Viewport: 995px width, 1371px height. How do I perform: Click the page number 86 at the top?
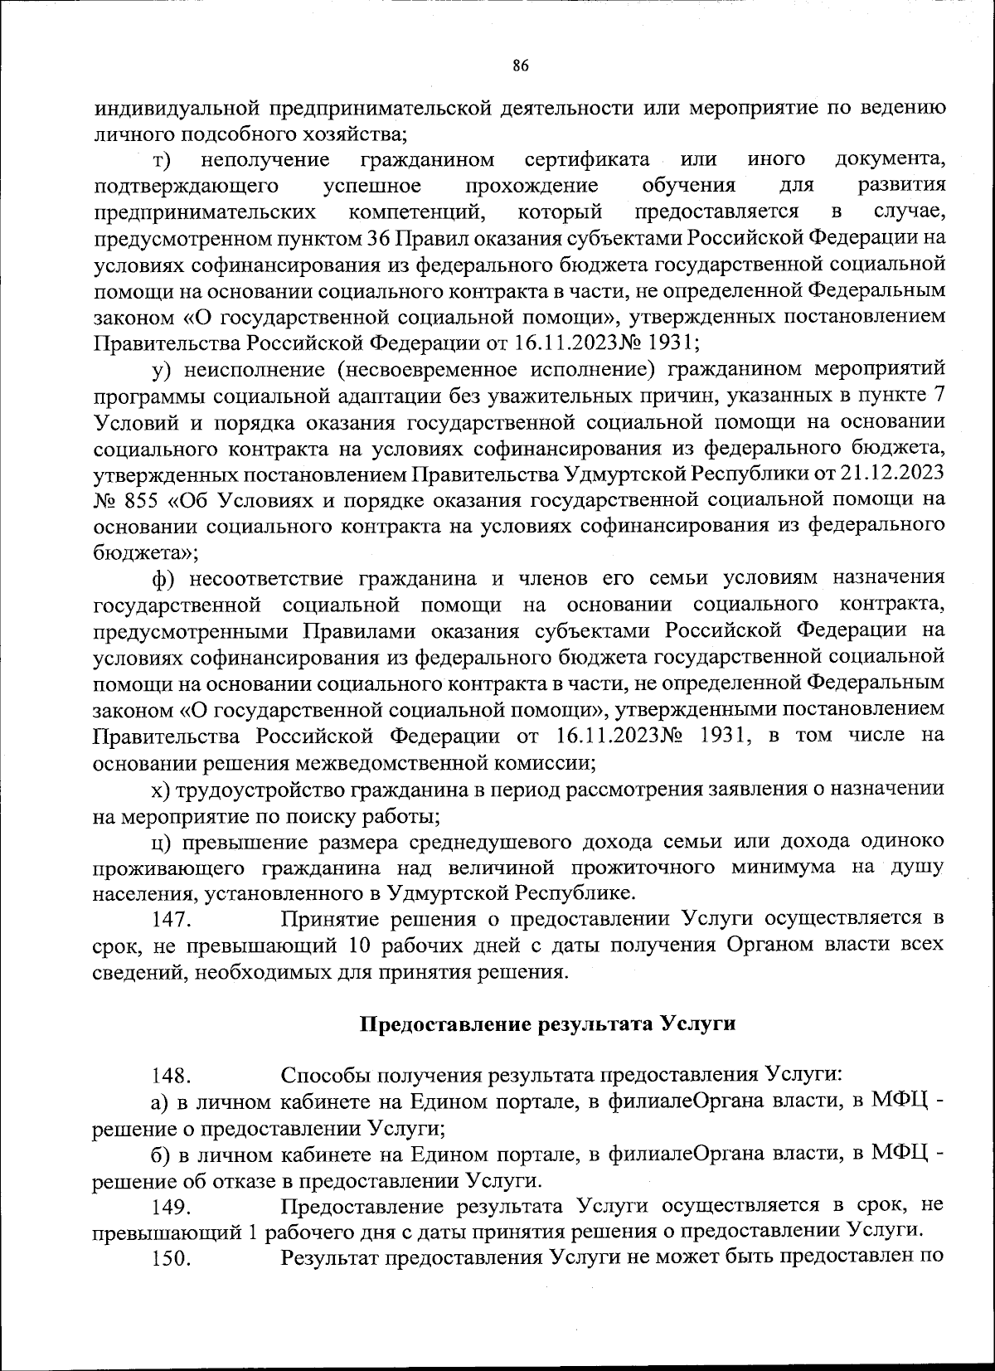click(x=521, y=67)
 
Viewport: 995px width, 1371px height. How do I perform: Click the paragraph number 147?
click(x=172, y=920)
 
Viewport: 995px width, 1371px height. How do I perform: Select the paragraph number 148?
click(x=172, y=1077)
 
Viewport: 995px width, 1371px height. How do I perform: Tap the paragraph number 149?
click(x=172, y=1207)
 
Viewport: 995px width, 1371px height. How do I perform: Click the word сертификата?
click(x=586, y=159)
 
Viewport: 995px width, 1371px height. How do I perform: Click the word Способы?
click(x=326, y=1077)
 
